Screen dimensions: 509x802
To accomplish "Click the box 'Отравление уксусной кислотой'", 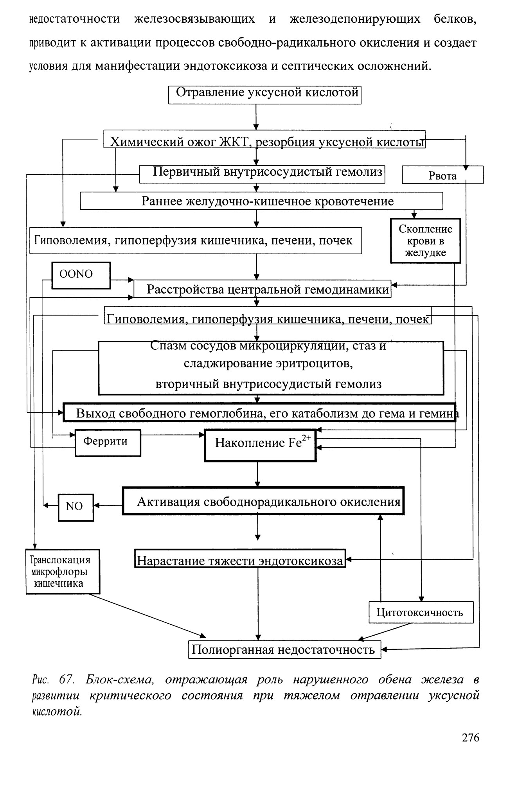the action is [x=264, y=95].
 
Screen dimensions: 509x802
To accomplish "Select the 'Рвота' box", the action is [x=442, y=175].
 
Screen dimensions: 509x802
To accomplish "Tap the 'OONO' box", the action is [x=81, y=275].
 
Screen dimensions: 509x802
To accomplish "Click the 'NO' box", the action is [x=76, y=507].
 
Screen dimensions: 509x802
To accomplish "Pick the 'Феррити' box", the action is [x=108, y=443].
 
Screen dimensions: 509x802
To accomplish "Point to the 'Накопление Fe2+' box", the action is [x=260, y=445].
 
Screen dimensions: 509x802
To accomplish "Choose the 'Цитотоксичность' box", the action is [x=421, y=612].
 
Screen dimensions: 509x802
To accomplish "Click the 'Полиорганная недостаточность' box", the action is [x=285, y=649].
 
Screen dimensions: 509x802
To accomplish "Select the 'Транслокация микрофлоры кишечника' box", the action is [x=63, y=572].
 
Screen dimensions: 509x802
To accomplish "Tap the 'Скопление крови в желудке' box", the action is [x=425, y=241].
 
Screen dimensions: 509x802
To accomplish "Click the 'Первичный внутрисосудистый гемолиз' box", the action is [x=262, y=174].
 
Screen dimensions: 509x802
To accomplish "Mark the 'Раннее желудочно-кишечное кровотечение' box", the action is [x=261, y=201].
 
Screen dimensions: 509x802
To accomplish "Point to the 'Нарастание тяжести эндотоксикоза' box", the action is [x=240, y=559].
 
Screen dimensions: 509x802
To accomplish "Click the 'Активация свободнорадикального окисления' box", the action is [x=263, y=501].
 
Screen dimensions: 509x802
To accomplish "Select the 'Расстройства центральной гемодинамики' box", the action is [x=263, y=289].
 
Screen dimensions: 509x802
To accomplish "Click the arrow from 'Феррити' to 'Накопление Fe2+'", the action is [x=173, y=434].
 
